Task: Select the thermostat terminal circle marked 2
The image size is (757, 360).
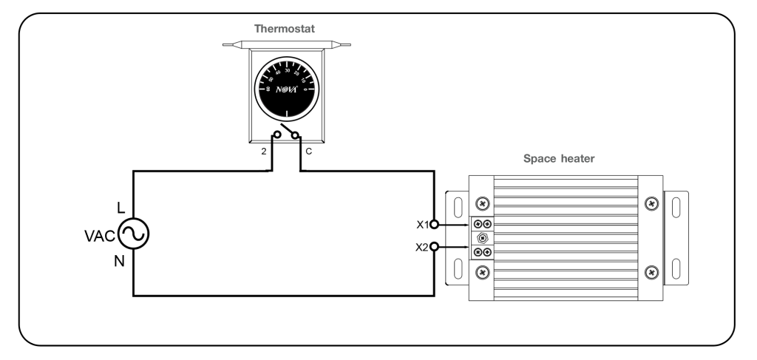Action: pos(278,135)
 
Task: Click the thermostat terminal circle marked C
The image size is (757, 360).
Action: pos(296,135)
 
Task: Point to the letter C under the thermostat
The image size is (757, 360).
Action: pos(308,152)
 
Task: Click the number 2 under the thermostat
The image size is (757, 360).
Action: pos(263,152)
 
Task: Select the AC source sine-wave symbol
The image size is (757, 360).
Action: pos(134,235)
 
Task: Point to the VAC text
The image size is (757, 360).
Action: pos(100,236)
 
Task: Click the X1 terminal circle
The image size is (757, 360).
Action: pos(435,223)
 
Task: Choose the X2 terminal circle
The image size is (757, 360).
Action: pos(435,247)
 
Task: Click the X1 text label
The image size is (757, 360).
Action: pos(421,223)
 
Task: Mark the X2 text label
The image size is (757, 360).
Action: pos(421,247)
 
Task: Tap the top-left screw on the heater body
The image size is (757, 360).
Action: pos(482,203)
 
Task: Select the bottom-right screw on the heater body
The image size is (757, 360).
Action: pos(651,272)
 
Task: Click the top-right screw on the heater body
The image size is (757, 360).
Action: pos(651,203)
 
